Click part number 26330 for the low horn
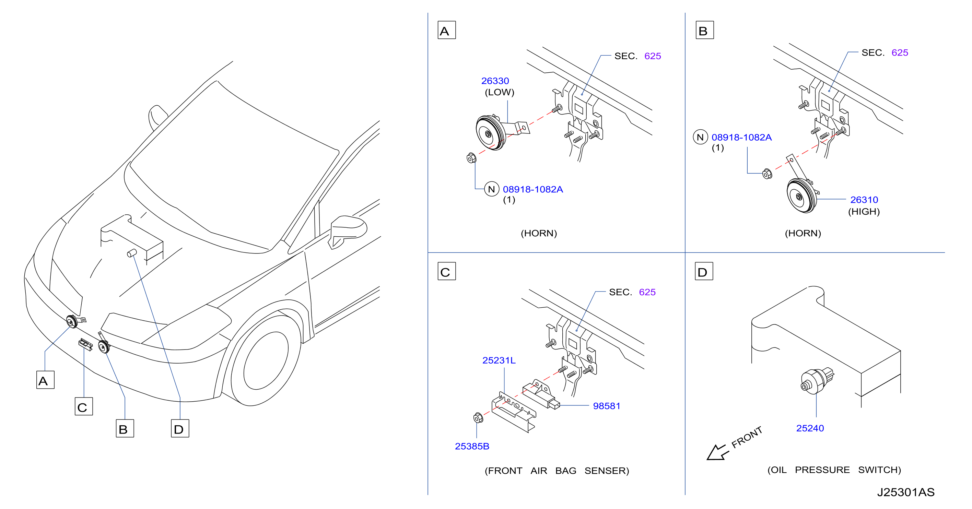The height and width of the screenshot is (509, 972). coord(495,81)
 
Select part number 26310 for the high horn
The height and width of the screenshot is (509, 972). coord(864,200)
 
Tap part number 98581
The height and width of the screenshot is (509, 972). coord(606,406)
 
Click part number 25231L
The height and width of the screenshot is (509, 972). coord(499,360)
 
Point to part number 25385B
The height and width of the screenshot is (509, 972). coord(472,446)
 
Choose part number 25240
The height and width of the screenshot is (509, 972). coord(810,428)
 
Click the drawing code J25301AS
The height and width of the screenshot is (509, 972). coord(905,492)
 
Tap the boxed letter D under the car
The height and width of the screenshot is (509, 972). coord(180,428)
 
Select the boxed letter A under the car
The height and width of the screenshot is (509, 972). coord(45,380)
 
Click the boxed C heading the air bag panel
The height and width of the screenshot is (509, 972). coord(446,271)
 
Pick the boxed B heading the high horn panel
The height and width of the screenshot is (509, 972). coord(704,30)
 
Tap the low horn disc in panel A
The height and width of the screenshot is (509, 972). coord(491,133)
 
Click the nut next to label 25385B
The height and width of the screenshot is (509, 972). coord(478,418)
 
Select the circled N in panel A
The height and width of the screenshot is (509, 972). coord(491,189)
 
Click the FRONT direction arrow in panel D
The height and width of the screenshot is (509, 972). coord(716,452)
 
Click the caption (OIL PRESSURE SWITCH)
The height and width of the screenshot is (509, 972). coord(834,470)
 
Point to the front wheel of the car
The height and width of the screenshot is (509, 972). coord(266,361)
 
